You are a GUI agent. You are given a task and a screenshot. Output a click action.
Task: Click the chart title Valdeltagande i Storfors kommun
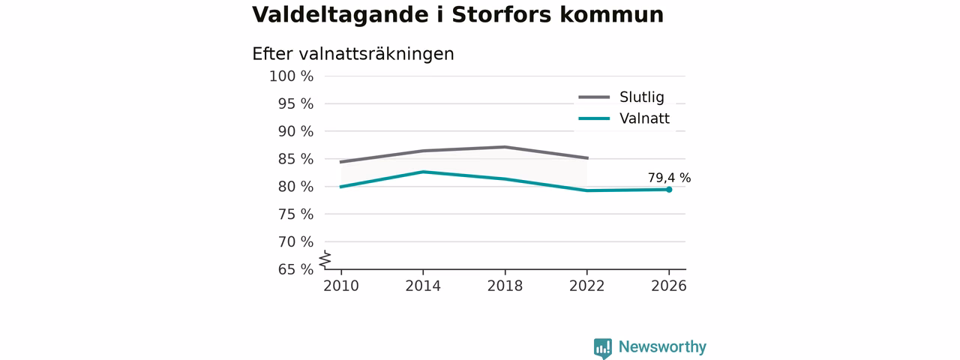point(457,15)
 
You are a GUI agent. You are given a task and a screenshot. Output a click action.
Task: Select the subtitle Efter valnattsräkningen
point(352,54)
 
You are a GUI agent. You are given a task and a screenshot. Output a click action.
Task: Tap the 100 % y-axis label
point(292,76)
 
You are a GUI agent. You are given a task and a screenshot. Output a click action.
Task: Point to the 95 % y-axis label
point(295,103)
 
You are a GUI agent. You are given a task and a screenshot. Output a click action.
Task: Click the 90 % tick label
point(295,131)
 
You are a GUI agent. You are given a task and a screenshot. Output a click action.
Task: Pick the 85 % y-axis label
point(295,159)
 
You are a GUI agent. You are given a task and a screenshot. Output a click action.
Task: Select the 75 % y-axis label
point(295,214)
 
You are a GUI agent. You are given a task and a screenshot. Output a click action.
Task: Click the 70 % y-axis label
point(295,241)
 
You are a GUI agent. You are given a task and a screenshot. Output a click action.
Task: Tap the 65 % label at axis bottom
point(295,269)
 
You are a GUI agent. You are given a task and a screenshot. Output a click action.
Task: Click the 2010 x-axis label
point(341,286)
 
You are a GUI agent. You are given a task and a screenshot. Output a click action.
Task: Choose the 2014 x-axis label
point(423,286)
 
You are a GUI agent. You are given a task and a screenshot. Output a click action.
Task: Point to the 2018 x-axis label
point(505,286)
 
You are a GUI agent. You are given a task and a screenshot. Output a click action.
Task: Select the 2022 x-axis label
point(586,286)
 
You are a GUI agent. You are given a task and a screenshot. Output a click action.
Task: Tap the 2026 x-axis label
point(668,286)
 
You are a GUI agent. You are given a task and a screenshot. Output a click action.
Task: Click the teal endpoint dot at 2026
point(669,190)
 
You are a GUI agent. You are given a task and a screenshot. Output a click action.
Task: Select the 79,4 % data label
point(669,178)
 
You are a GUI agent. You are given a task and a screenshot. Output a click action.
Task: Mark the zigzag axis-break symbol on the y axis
point(325,259)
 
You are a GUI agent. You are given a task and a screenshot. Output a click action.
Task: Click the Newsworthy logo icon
point(602,348)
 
